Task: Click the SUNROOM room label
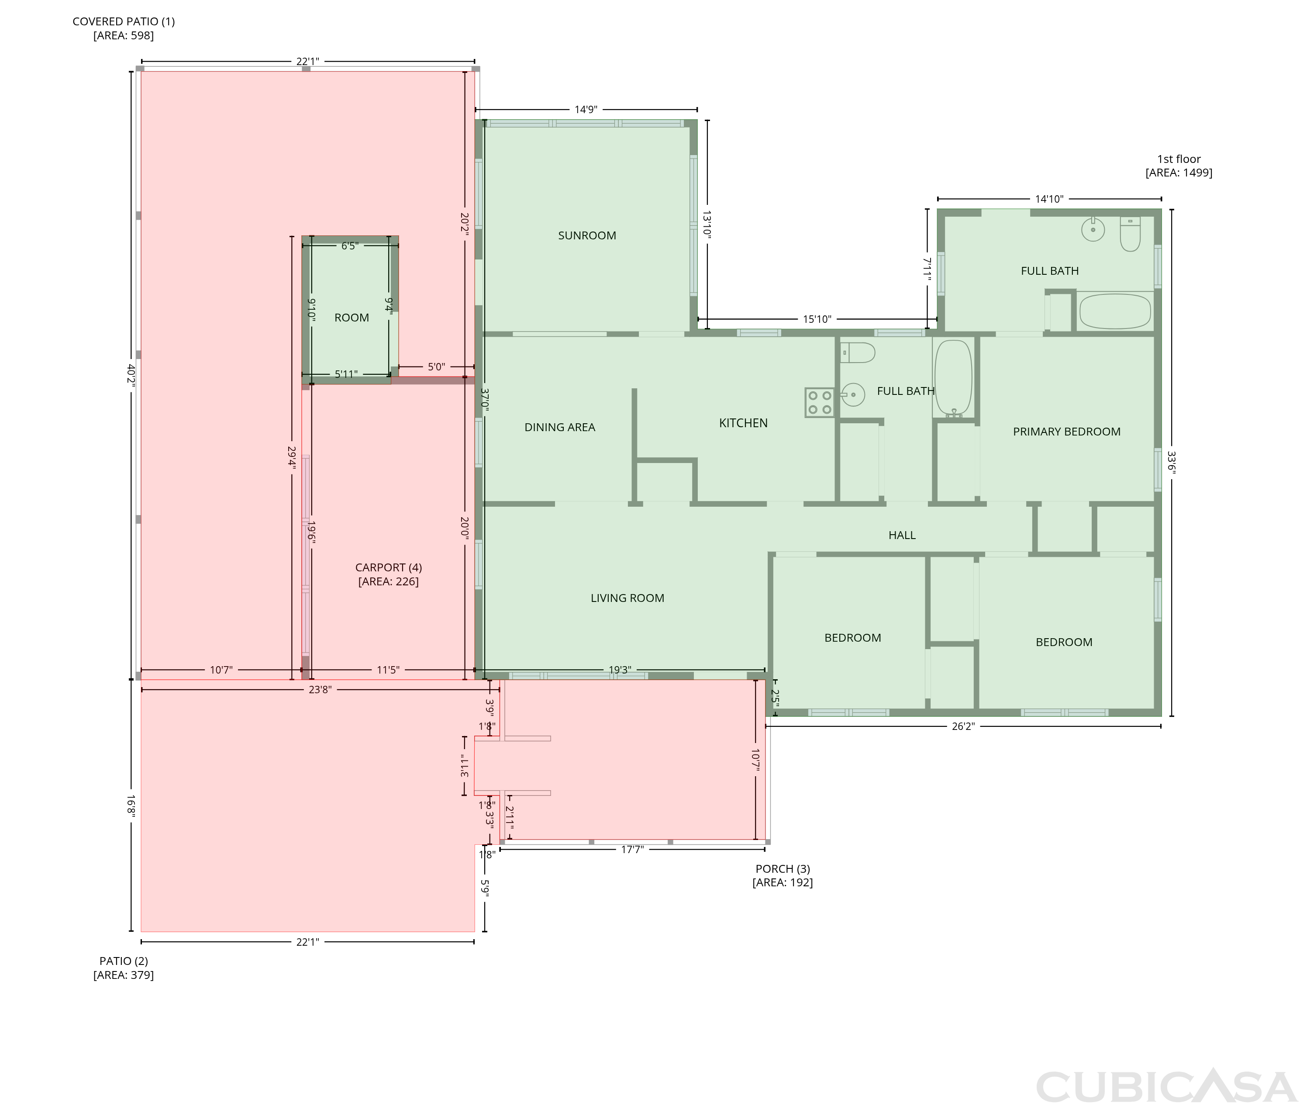(x=586, y=235)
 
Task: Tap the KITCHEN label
(x=743, y=423)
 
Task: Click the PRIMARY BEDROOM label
(x=1066, y=432)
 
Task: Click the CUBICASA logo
(x=1165, y=1086)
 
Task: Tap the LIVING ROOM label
(x=627, y=598)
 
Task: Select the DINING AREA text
(x=559, y=427)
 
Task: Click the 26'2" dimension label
(x=963, y=726)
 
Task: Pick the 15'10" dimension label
(x=817, y=319)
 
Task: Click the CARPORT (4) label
(x=389, y=567)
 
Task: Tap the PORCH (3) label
(x=783, y=869)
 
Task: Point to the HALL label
(x=902, y=535)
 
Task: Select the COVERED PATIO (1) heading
(x=124, y=21)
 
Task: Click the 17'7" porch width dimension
(x=632, y=850)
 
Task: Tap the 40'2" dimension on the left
(x=131, y=375)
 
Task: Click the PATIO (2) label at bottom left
(x=124, y=961)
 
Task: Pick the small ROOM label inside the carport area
(x=352, y=318)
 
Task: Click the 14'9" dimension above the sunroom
(x=585, y=110)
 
